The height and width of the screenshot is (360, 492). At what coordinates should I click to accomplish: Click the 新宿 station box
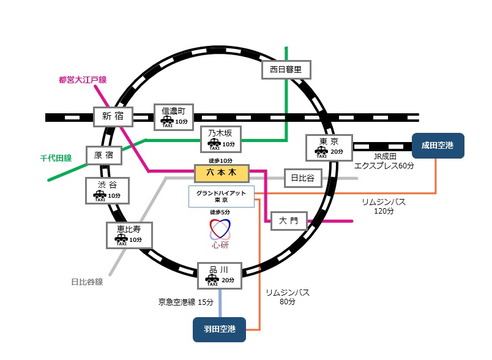(x=112, y=116)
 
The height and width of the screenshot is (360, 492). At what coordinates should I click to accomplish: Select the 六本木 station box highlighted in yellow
(x=221, y=174)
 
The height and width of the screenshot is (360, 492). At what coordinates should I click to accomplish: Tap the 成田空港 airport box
(x=438, y=146)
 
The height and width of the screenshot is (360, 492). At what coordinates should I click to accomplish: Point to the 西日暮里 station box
(x=286, y=70)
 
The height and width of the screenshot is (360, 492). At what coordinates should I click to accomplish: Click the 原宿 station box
(x=103, y=156)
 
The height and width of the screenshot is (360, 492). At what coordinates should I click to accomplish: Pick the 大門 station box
(x=288, y=220)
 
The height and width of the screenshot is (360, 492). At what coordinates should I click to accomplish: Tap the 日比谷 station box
(x=302, y=178)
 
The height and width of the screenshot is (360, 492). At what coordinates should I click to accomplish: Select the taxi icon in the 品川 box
(x=212, y=281)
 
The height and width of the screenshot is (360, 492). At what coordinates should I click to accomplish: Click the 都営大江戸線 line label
(x=83, y=80)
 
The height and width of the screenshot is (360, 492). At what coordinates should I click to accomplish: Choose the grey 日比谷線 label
(x=87, y=282)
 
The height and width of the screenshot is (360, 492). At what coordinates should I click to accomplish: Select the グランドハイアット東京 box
(x=221, y=197)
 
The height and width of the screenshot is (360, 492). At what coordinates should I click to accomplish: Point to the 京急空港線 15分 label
(x=186, y=302)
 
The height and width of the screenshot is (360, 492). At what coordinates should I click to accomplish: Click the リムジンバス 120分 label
(x=384, y=206)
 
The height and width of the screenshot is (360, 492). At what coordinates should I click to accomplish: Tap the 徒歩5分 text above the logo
(x=220, y=212)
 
